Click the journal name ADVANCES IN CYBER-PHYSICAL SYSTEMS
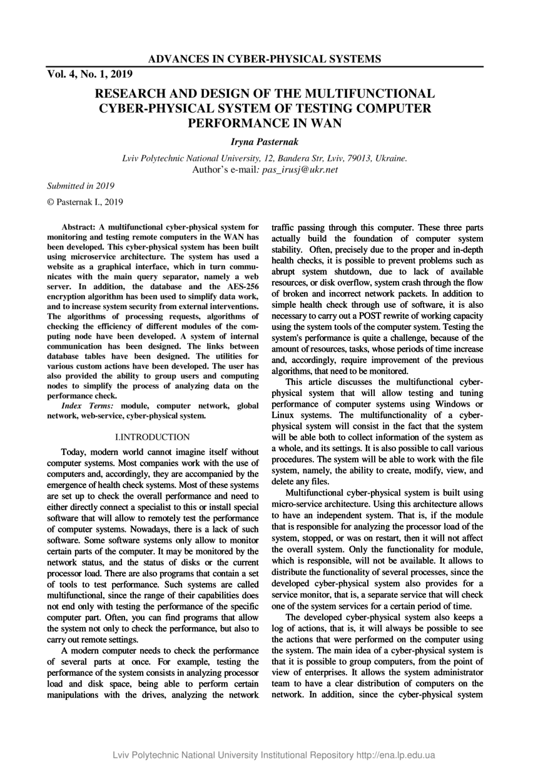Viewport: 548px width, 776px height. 265,59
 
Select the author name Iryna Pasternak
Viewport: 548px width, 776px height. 265,143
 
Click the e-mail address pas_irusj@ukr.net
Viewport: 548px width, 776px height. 300,169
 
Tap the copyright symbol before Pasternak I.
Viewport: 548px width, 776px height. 51,202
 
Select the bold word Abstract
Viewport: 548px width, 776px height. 77,227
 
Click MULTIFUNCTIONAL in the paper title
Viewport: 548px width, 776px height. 368,94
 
